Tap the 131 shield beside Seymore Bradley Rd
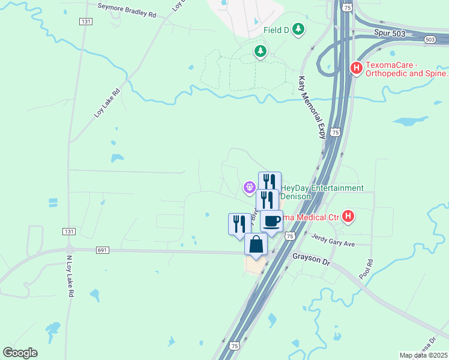(x=86, y=21)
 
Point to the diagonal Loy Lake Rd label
(x=107, y=103)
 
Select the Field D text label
(x=277, y=29)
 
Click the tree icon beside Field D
(x=298, y=29)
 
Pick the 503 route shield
(x=429, y=40)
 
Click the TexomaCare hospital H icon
(x=356, y=68)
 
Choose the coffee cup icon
(x=271, y=221)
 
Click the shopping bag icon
(x=256, y=244)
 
